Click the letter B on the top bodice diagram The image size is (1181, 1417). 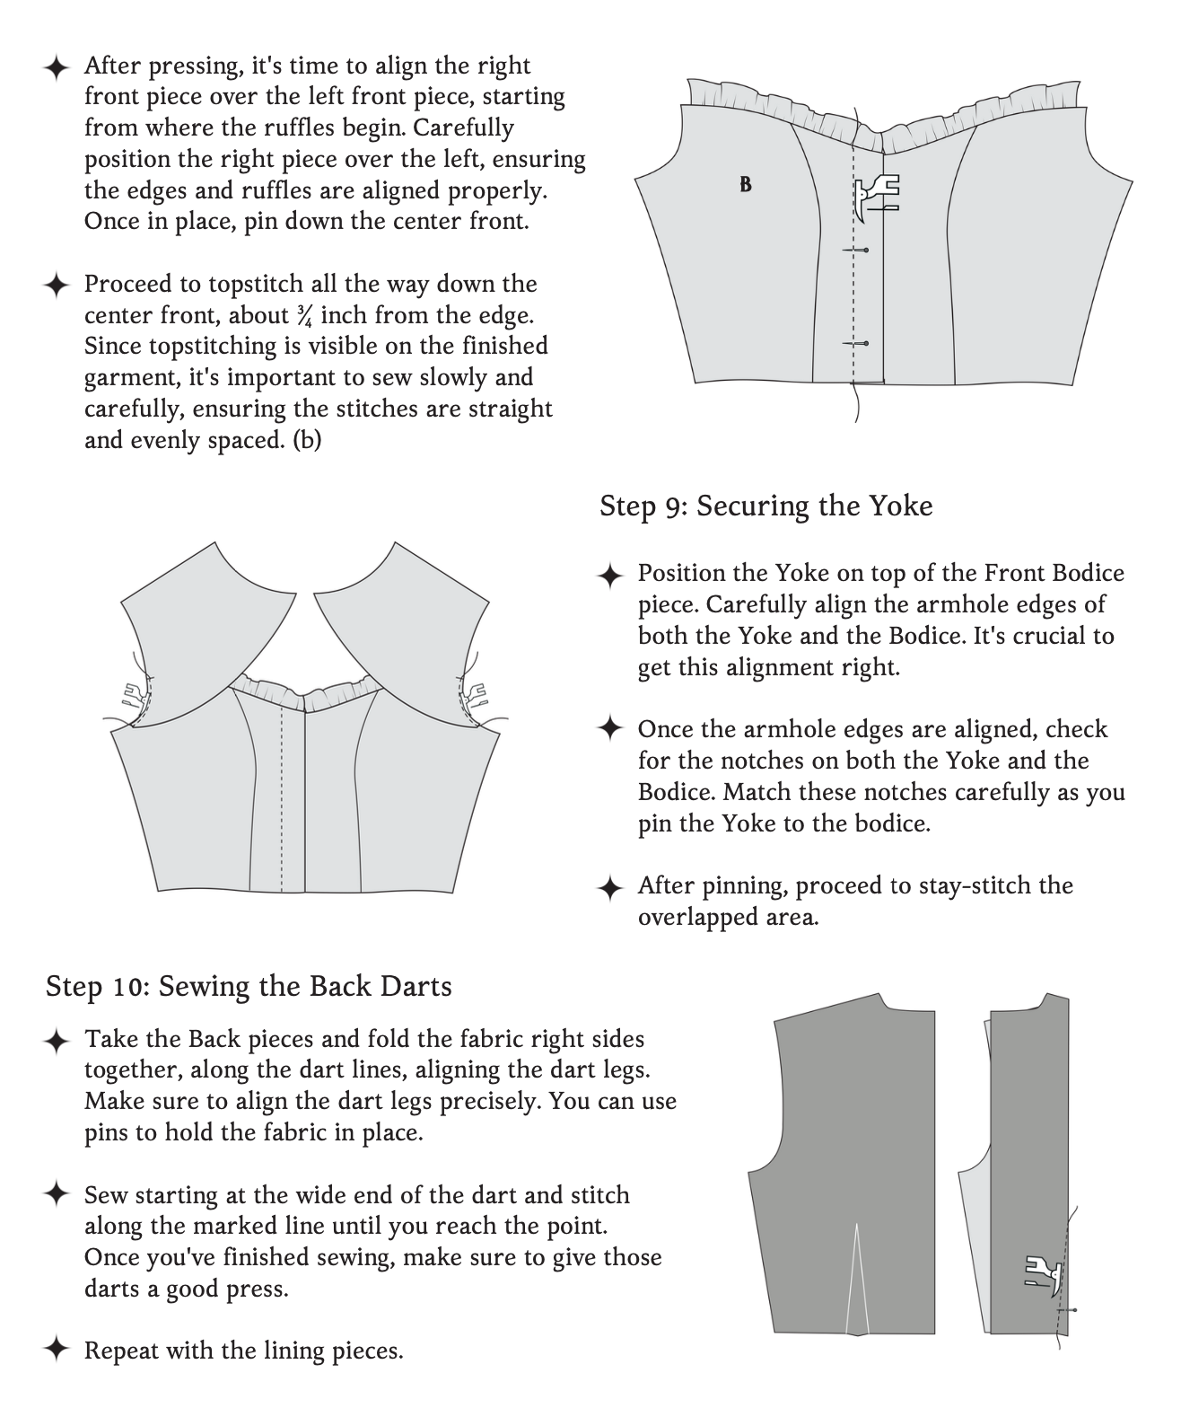pos(746,185)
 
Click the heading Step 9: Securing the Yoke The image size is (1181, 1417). pos(765,506)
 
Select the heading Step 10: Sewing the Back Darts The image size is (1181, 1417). pos(249,986)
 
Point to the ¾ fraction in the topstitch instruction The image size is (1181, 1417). pos(305,315)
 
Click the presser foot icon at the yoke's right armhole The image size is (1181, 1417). pos(474,692)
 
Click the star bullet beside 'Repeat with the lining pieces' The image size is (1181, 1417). pos(57,1349)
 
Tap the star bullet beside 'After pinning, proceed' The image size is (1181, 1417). pos(610,887)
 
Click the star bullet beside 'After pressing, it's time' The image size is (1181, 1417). pos(57,67)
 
